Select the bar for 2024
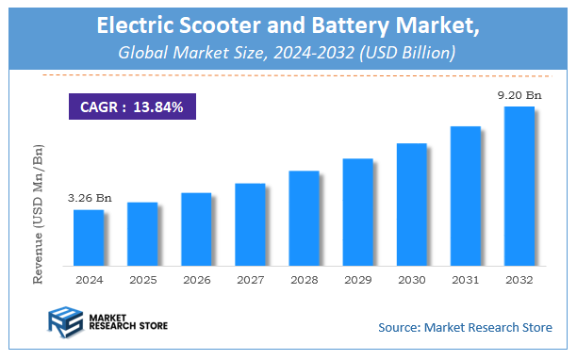pos(88,237)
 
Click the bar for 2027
pos(250,223)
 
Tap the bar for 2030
pos(411,204)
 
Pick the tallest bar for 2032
pos(519,185)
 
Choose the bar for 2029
pos(357,211)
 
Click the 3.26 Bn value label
pos(89,199)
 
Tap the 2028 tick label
pos(304,280)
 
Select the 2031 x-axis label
pos(465,280)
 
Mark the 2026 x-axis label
pos(196,280)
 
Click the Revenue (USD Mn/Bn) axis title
pos(39,214)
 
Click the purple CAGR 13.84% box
pos(131,107)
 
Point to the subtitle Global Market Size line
pos(288,54)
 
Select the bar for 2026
pos(196,228)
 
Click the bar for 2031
pos(465,194)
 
